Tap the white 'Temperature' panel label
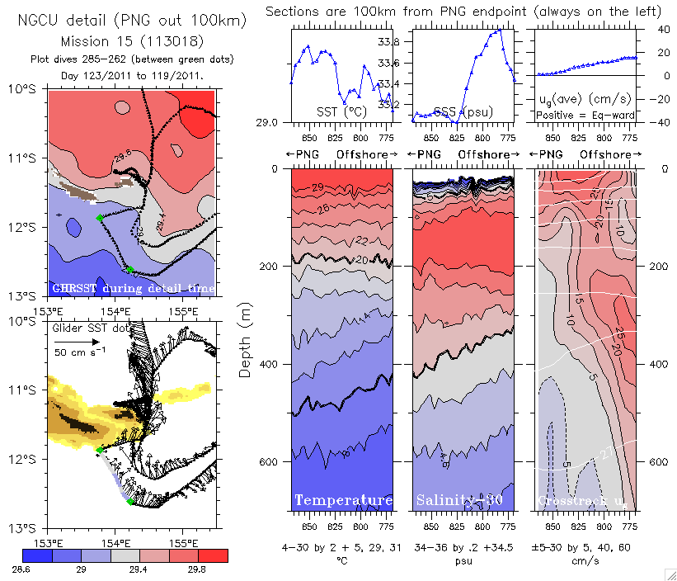343,500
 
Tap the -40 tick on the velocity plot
660,122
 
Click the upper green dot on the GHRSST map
99,218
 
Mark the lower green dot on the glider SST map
130,502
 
